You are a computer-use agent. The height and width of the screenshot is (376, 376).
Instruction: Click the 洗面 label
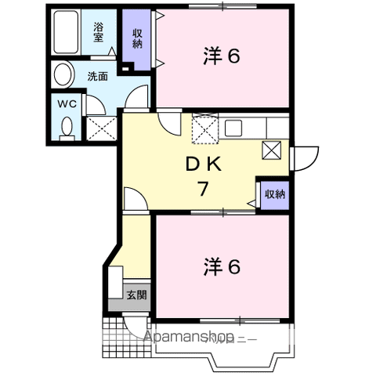tap(97, 76)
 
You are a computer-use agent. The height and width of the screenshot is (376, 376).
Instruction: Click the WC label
tap(66, 103)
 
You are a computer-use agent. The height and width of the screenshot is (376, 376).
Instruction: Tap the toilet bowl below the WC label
tap(66, 125)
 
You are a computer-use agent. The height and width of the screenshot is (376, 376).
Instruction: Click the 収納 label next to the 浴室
tap(137, 37)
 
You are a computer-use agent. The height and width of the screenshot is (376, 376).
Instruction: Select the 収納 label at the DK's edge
tap(273, 193)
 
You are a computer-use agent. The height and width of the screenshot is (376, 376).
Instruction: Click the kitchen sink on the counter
tap(234, 127)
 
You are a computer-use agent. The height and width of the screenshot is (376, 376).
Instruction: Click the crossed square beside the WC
tap(102, 125)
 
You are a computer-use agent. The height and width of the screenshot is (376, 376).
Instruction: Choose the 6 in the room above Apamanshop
tap(234, 267)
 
